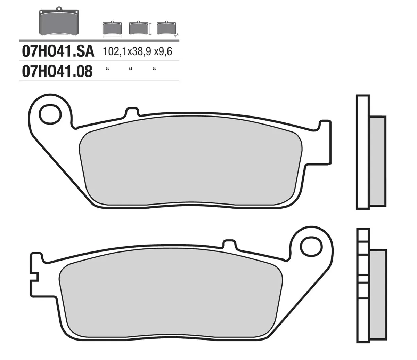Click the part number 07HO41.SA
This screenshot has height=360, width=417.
point(58,51)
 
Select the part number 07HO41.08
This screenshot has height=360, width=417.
point(57,71)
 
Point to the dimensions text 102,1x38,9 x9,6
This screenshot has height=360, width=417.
point(138,52)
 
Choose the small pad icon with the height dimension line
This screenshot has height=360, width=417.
point(138,28)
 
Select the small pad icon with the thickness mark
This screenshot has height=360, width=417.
point(166,28)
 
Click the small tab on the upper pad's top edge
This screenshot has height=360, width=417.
point(132,112)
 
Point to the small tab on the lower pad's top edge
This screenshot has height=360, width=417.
point(229,244)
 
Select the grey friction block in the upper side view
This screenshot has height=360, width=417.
point(378,161)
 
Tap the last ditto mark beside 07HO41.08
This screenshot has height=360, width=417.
point(154,69)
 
